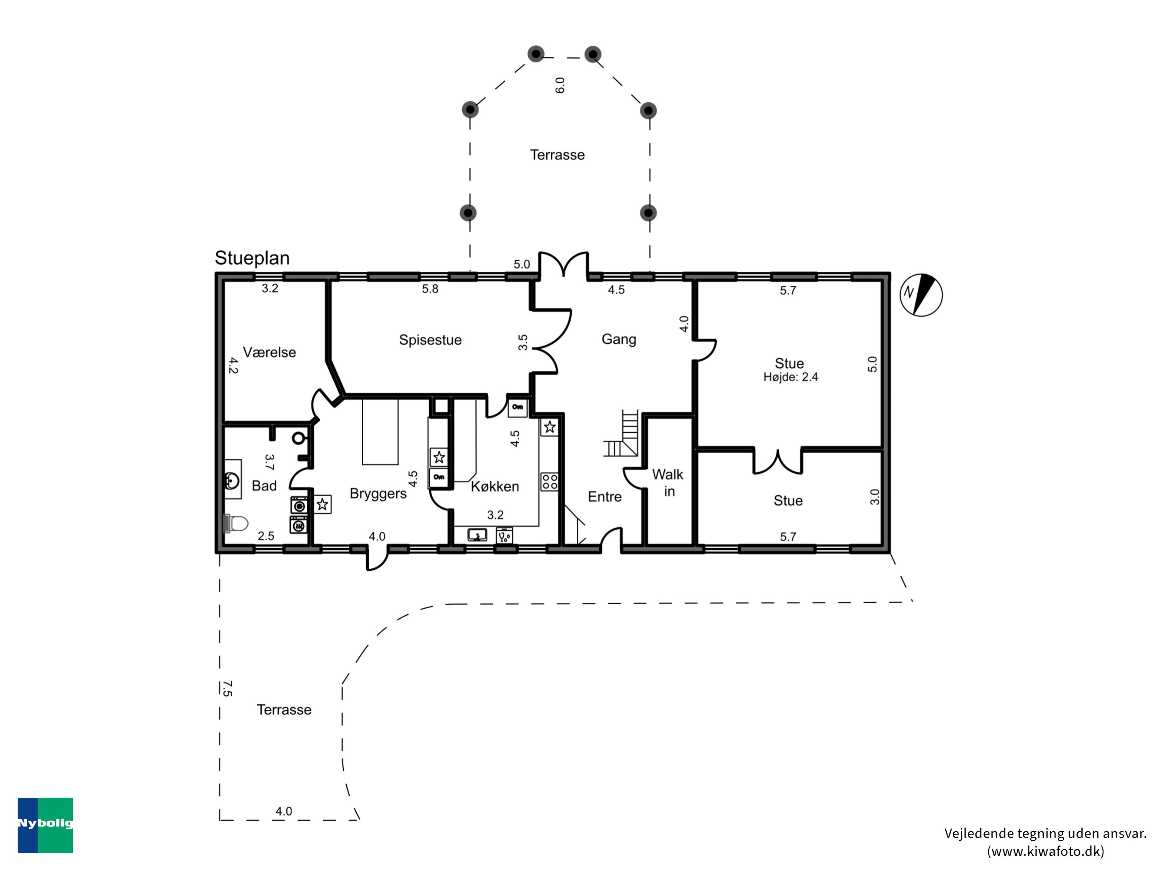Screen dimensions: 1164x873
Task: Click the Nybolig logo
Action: click(x=45, y=825)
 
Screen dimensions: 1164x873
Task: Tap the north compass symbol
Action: click(x=921, y=295)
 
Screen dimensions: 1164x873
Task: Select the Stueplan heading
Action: click(x=252, y=258)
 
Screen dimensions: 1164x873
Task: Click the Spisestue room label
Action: click(x=430, y=340)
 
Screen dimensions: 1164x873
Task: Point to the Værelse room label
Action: click(x=269, y=352)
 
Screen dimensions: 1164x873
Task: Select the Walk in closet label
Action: click(x=668, y=483)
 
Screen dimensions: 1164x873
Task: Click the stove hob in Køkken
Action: click(x=550, y=482)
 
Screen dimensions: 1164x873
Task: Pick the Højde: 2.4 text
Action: click(x=790, y=377)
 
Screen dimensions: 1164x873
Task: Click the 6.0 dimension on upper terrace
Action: click(x=560, y=85)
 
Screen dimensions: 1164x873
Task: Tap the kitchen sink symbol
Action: click(x=477, y=535)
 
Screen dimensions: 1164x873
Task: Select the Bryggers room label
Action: click(x=378, y=494)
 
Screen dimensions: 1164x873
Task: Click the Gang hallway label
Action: click(x=619, y=339)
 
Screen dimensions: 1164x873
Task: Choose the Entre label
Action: click(x=605, y=497)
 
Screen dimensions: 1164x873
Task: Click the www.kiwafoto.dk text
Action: click(x=1046, y=851)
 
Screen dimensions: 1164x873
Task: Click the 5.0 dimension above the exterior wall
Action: click(x=521, y=264)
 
